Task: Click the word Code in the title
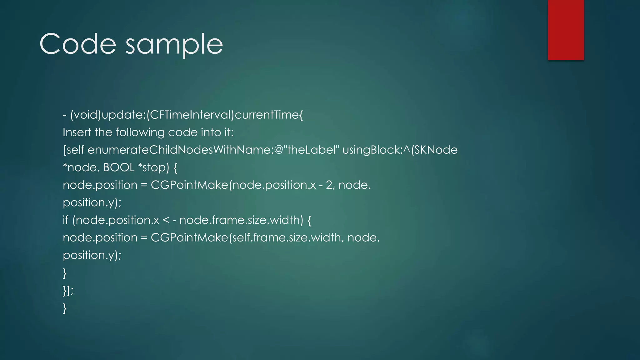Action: pos(78,44)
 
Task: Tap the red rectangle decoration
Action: pos(566,30)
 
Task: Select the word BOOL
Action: pos(119,167)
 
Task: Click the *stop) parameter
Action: pos(153,167)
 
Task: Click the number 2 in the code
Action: pos(329,185)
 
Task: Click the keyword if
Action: pos(66,220)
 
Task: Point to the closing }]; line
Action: pos(68,291)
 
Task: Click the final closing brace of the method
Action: pos(65,308)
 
